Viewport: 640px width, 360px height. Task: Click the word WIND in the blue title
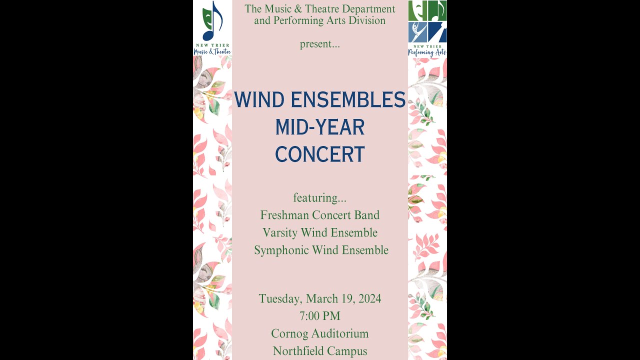click(x=258, y=100)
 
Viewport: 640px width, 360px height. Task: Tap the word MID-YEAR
click(x=320, y=127)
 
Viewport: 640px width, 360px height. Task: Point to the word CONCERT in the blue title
click(x=320, y=154)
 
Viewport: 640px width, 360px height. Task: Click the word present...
click(x=318, y=44)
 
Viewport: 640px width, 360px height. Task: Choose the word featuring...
click(x=318, y=198)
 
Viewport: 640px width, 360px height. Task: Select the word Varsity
click(x=280, y=232)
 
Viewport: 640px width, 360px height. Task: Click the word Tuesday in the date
click(x=279, y=299)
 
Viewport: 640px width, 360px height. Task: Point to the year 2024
click(x=367, y=299)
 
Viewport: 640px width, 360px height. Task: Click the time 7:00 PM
click(x=320, y=316)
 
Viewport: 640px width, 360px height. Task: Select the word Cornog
click(x=289, y=333)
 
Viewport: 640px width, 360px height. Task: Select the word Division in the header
click(x=367, y=20)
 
